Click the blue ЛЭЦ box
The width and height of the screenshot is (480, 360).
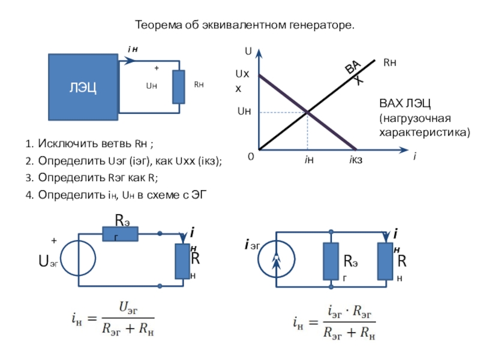(x=83, y=86)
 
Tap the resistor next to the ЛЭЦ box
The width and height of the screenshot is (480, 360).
(x=179, y=86)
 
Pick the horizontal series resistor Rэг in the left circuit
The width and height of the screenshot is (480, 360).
(x=120, y=233)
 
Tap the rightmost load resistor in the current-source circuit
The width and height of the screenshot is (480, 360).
(x=384, y=260)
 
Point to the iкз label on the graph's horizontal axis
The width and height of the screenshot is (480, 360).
(x=356, y=160)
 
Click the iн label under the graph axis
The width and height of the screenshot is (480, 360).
(x=308, y=160)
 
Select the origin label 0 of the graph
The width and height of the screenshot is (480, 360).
(x=251, y=157)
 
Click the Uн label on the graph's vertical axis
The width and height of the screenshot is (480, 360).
(x=244, y=111)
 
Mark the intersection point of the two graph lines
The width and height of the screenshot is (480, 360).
(x=308, y=112)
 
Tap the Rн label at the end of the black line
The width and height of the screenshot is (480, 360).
(x=391, y=62)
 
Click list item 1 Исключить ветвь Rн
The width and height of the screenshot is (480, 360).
(x=90, y=144)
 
